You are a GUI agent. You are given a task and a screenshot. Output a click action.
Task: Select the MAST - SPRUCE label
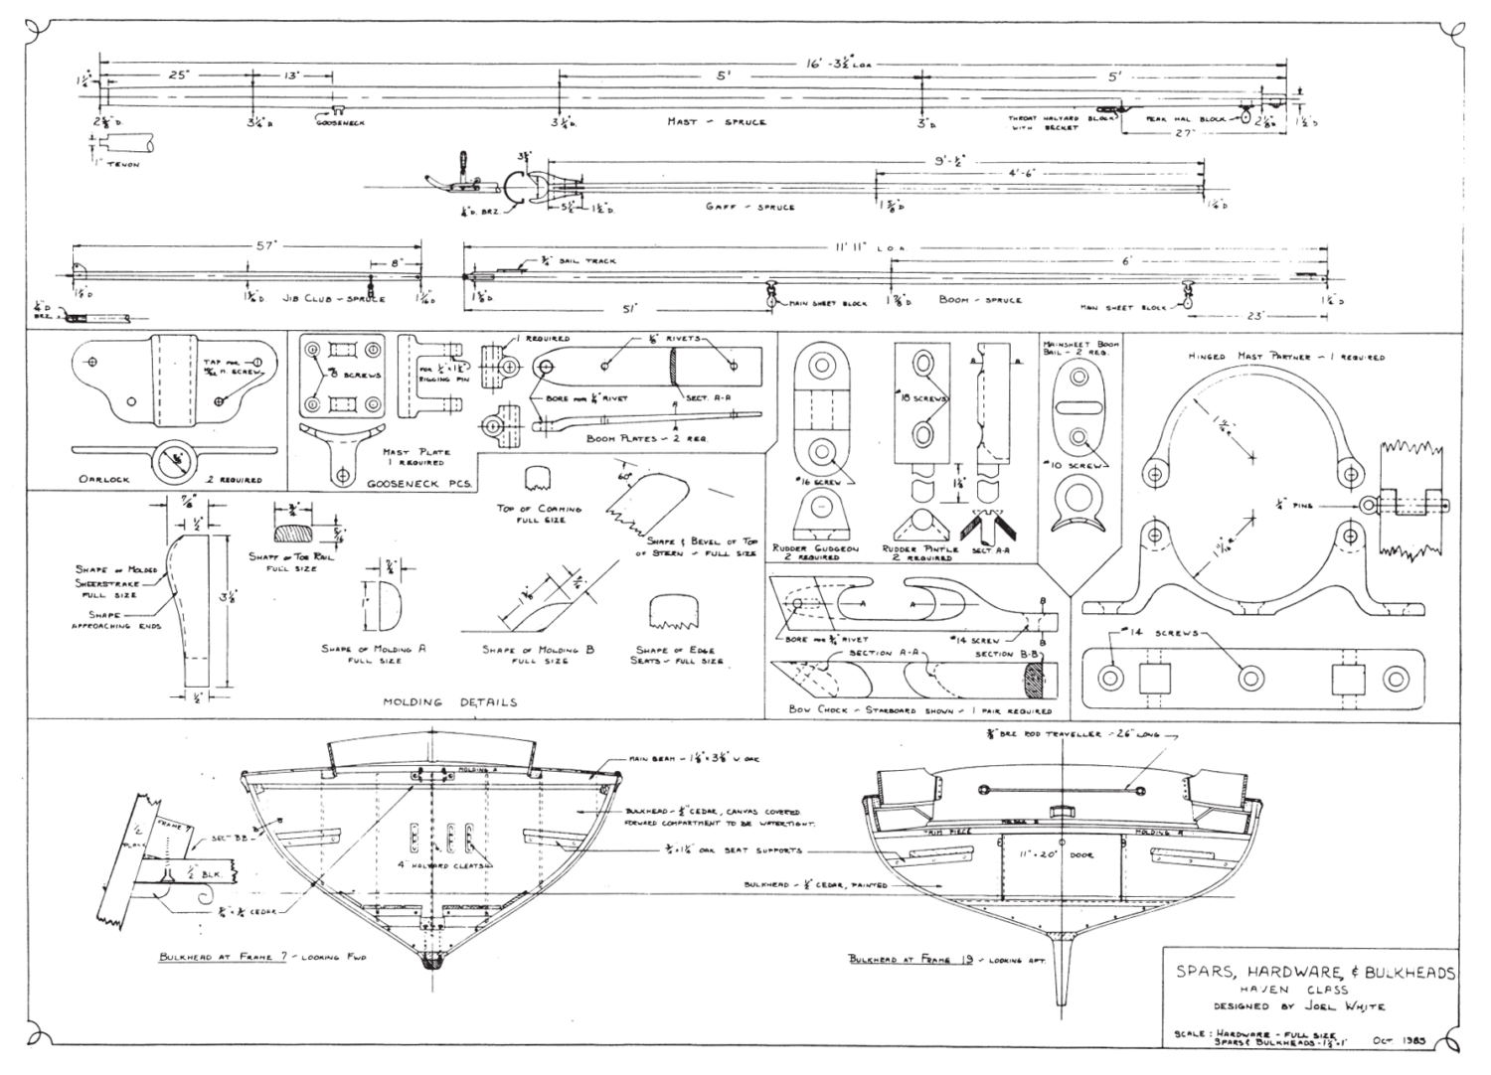tap(716, 122)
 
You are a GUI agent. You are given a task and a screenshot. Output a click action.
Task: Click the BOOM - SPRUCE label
tap(979, 299)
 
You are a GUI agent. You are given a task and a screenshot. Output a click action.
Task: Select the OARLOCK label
tap(104, 480)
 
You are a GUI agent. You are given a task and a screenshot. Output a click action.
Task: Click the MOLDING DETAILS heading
tap(450, 702)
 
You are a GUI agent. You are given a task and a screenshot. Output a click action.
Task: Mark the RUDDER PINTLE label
tap(920, 552)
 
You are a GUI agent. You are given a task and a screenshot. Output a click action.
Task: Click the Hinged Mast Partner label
tap(1285, 357)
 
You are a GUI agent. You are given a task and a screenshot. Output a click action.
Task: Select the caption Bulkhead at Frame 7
tap(262, 957)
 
